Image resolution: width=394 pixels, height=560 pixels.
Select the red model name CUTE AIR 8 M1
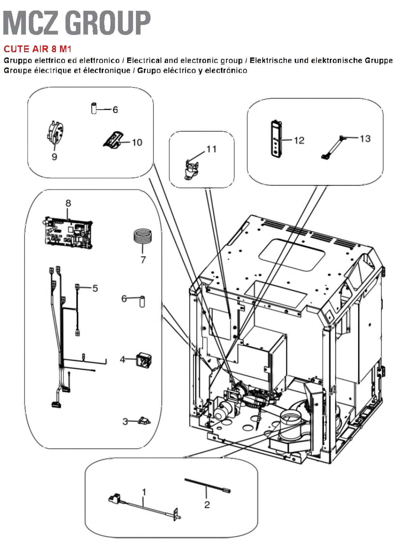point(38,49)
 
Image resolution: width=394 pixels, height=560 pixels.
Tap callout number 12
point(299,140)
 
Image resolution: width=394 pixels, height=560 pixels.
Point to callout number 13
point(365,138)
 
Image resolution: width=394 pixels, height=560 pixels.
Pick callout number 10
point(137,143)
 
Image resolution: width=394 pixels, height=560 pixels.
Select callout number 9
point(54,157)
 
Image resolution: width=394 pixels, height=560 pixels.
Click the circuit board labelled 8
point(69,233)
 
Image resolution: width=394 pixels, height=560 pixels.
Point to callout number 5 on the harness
point(95,288)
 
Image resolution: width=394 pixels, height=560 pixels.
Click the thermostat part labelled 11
point(191,170)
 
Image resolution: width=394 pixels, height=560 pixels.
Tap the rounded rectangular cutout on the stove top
point(292,254)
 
